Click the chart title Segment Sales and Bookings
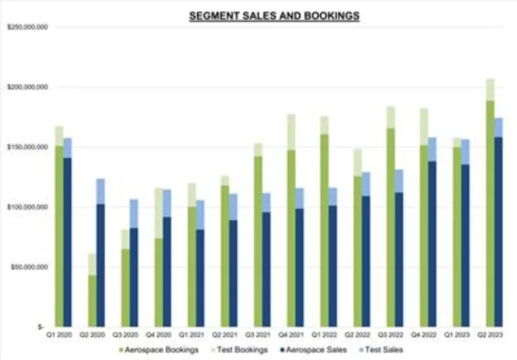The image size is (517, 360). point(274,14)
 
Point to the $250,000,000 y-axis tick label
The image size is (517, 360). point(27,27)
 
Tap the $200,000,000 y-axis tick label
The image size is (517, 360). point(27,87)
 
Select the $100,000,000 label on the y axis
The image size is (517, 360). point(27,207)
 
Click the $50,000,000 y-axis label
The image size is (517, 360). point(28,267)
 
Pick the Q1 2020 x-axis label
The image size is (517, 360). point(63,335)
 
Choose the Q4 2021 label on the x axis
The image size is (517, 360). point(295,335)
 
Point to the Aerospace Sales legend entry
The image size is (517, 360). point(319,350)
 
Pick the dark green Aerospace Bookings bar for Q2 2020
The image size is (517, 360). point(93,301)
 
